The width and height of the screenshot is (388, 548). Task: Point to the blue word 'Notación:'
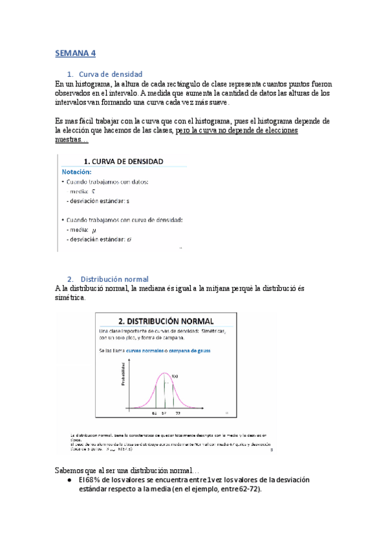[x=77, y=173]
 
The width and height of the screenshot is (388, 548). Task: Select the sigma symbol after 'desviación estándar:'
[x=130, y=240]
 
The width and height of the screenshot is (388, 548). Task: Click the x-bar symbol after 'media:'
[x=94, y=192]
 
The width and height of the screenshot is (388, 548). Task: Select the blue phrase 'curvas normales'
[x=148, y=351]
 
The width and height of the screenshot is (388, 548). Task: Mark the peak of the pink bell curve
[x=166, y=374]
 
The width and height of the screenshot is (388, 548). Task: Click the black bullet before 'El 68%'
[x=69, y=480]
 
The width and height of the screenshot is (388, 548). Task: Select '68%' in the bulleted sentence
[x=92, y=480]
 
